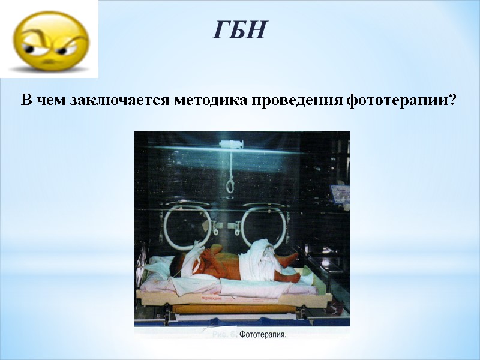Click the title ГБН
coord(239,29)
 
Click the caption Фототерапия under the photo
coord(263,335)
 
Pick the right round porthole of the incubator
coord(263,226)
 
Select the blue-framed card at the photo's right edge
coord(340,194)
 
